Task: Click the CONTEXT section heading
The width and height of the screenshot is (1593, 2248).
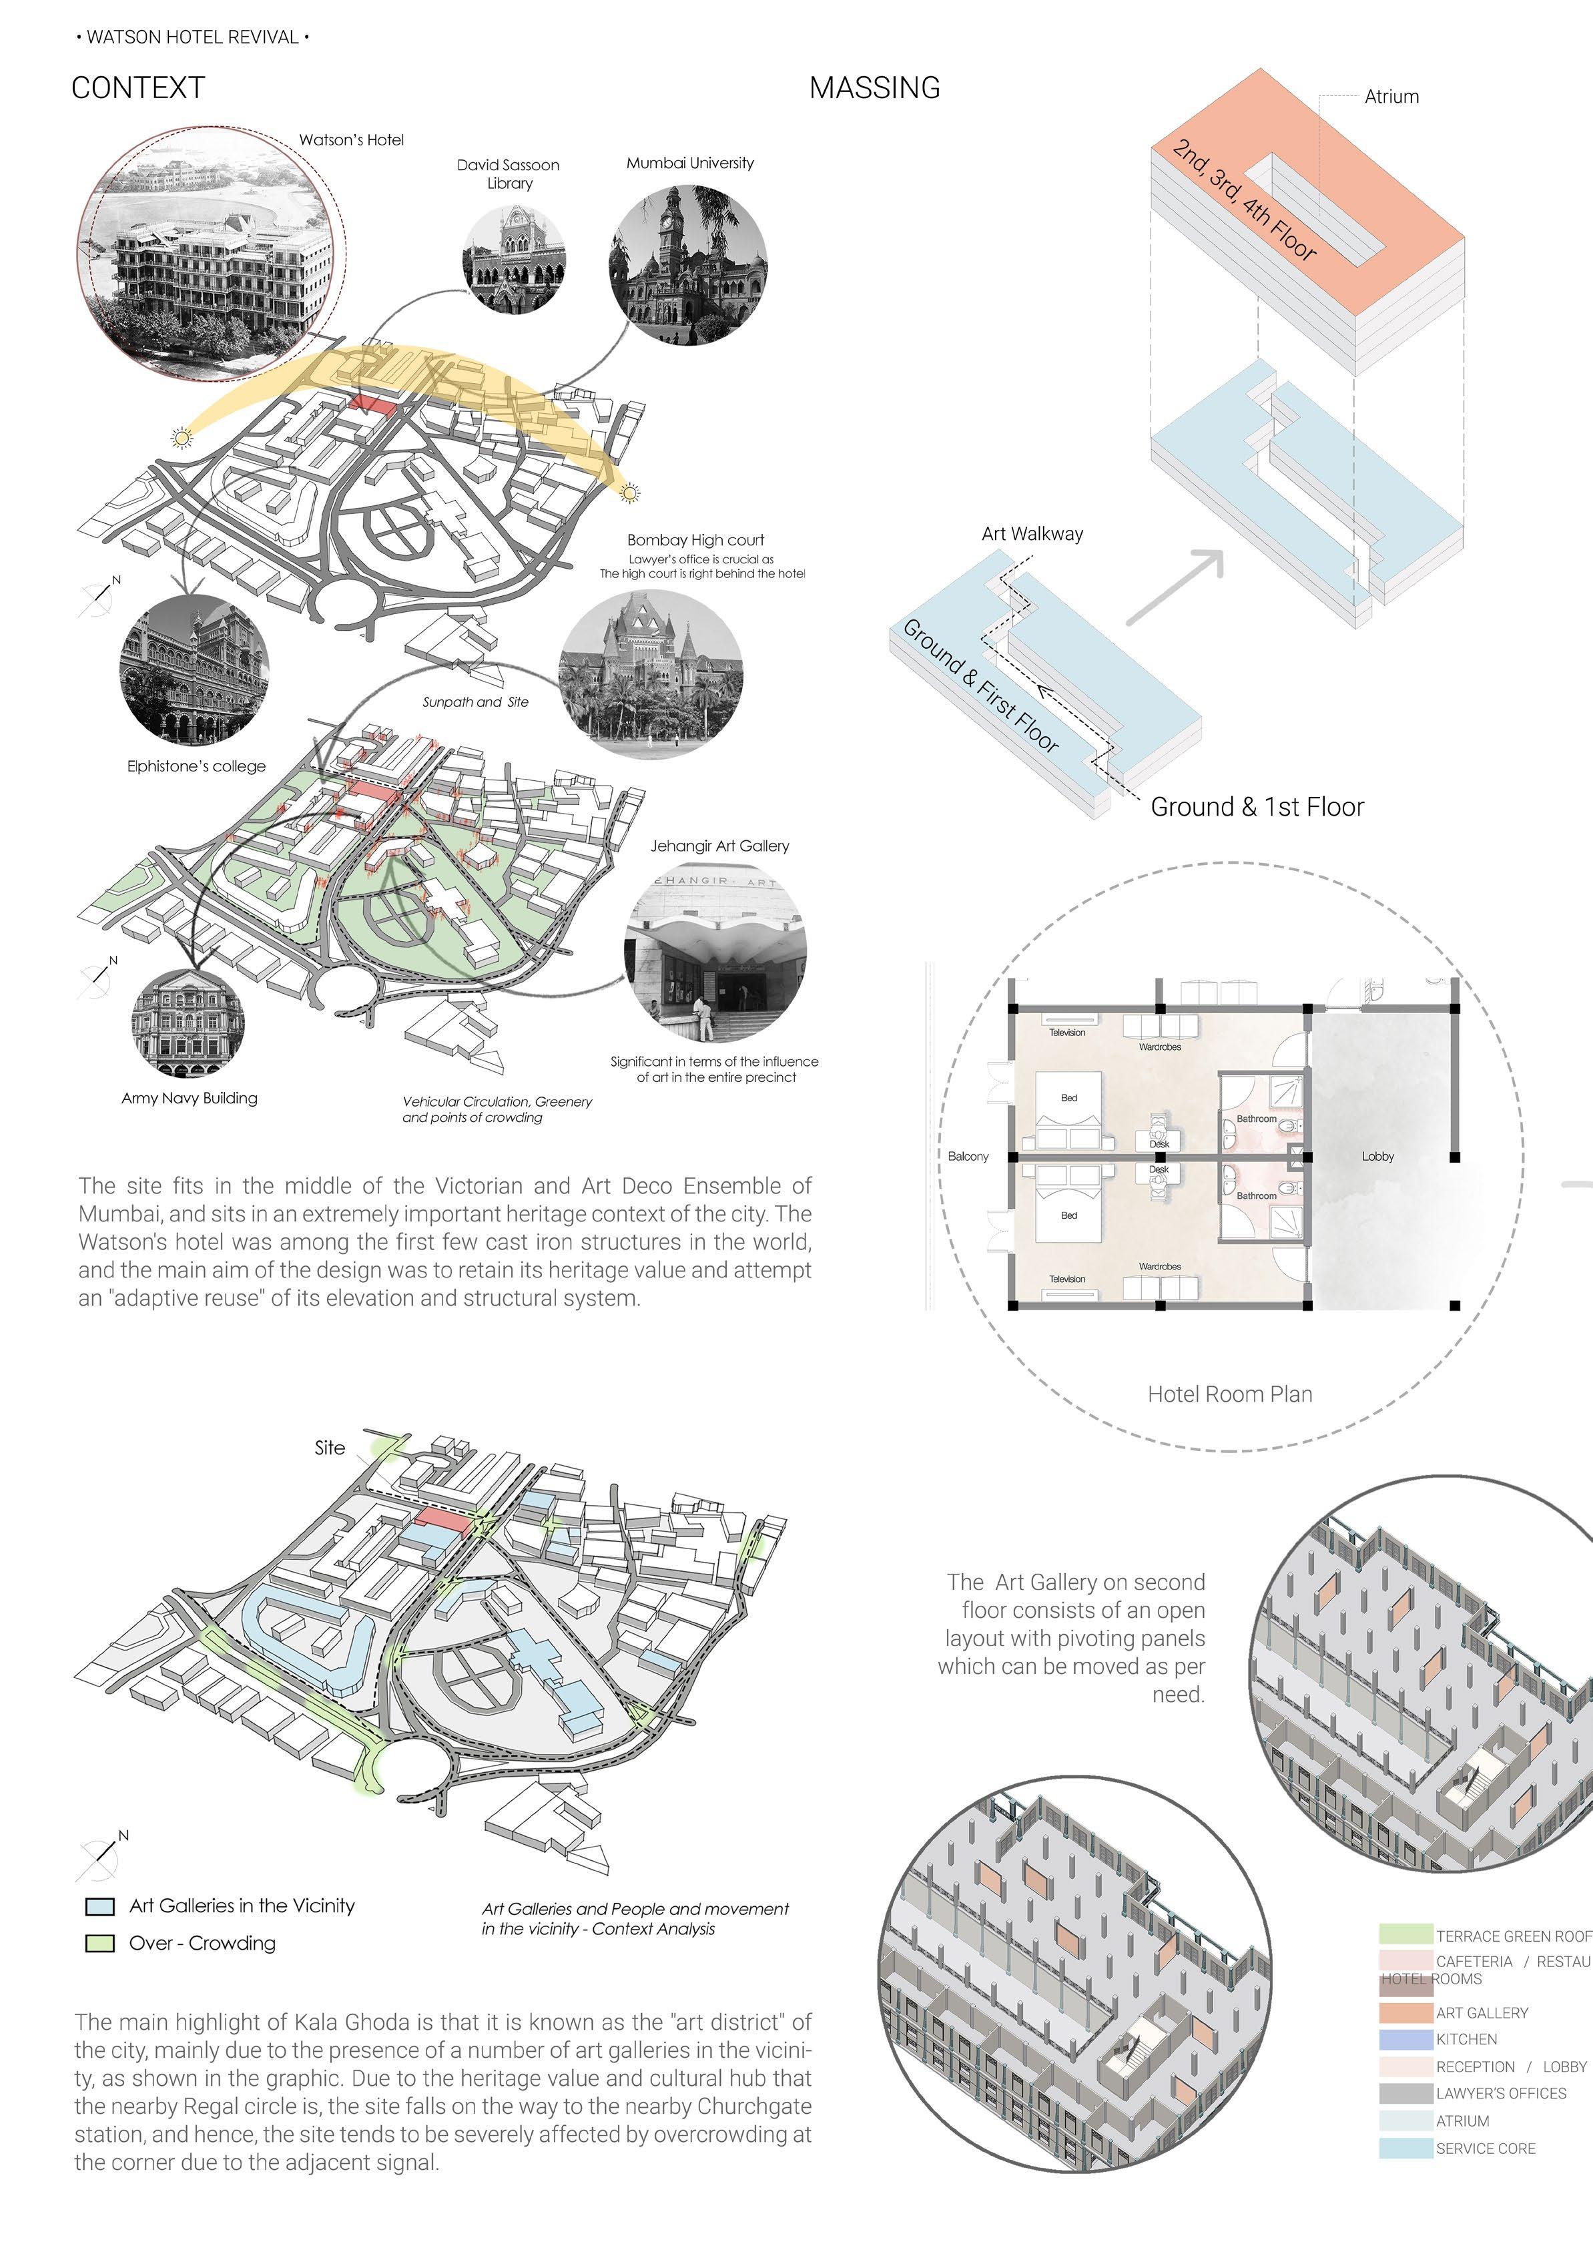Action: [138, 88]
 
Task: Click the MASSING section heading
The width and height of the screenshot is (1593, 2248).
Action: [874, 88]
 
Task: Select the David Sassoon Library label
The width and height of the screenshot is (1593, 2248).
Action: [508, 174]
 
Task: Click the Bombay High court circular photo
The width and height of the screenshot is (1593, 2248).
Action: [650, 674]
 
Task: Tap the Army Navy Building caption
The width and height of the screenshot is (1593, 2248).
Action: [190, 1097]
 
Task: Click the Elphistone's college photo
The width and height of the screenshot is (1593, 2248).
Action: [194, 674]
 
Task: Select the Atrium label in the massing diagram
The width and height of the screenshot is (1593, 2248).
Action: [1391, 96]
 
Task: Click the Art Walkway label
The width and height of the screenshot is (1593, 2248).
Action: [1032, 533]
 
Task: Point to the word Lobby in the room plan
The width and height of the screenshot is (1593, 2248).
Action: [1377, 1156]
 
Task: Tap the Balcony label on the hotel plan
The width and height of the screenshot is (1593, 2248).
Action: [968, 1156]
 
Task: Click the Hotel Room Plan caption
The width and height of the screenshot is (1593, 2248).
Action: [1229, 1394]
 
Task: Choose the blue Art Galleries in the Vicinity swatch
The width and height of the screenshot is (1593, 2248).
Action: [100, 1906]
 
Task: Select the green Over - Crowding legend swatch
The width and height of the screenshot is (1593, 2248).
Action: [100, 1943]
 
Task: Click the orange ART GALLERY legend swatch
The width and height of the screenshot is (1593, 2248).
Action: [1405, 2012]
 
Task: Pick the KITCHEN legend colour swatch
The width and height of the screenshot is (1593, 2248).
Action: [1405, 2039]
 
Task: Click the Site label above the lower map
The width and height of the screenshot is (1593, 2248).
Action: [330, 1448]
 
